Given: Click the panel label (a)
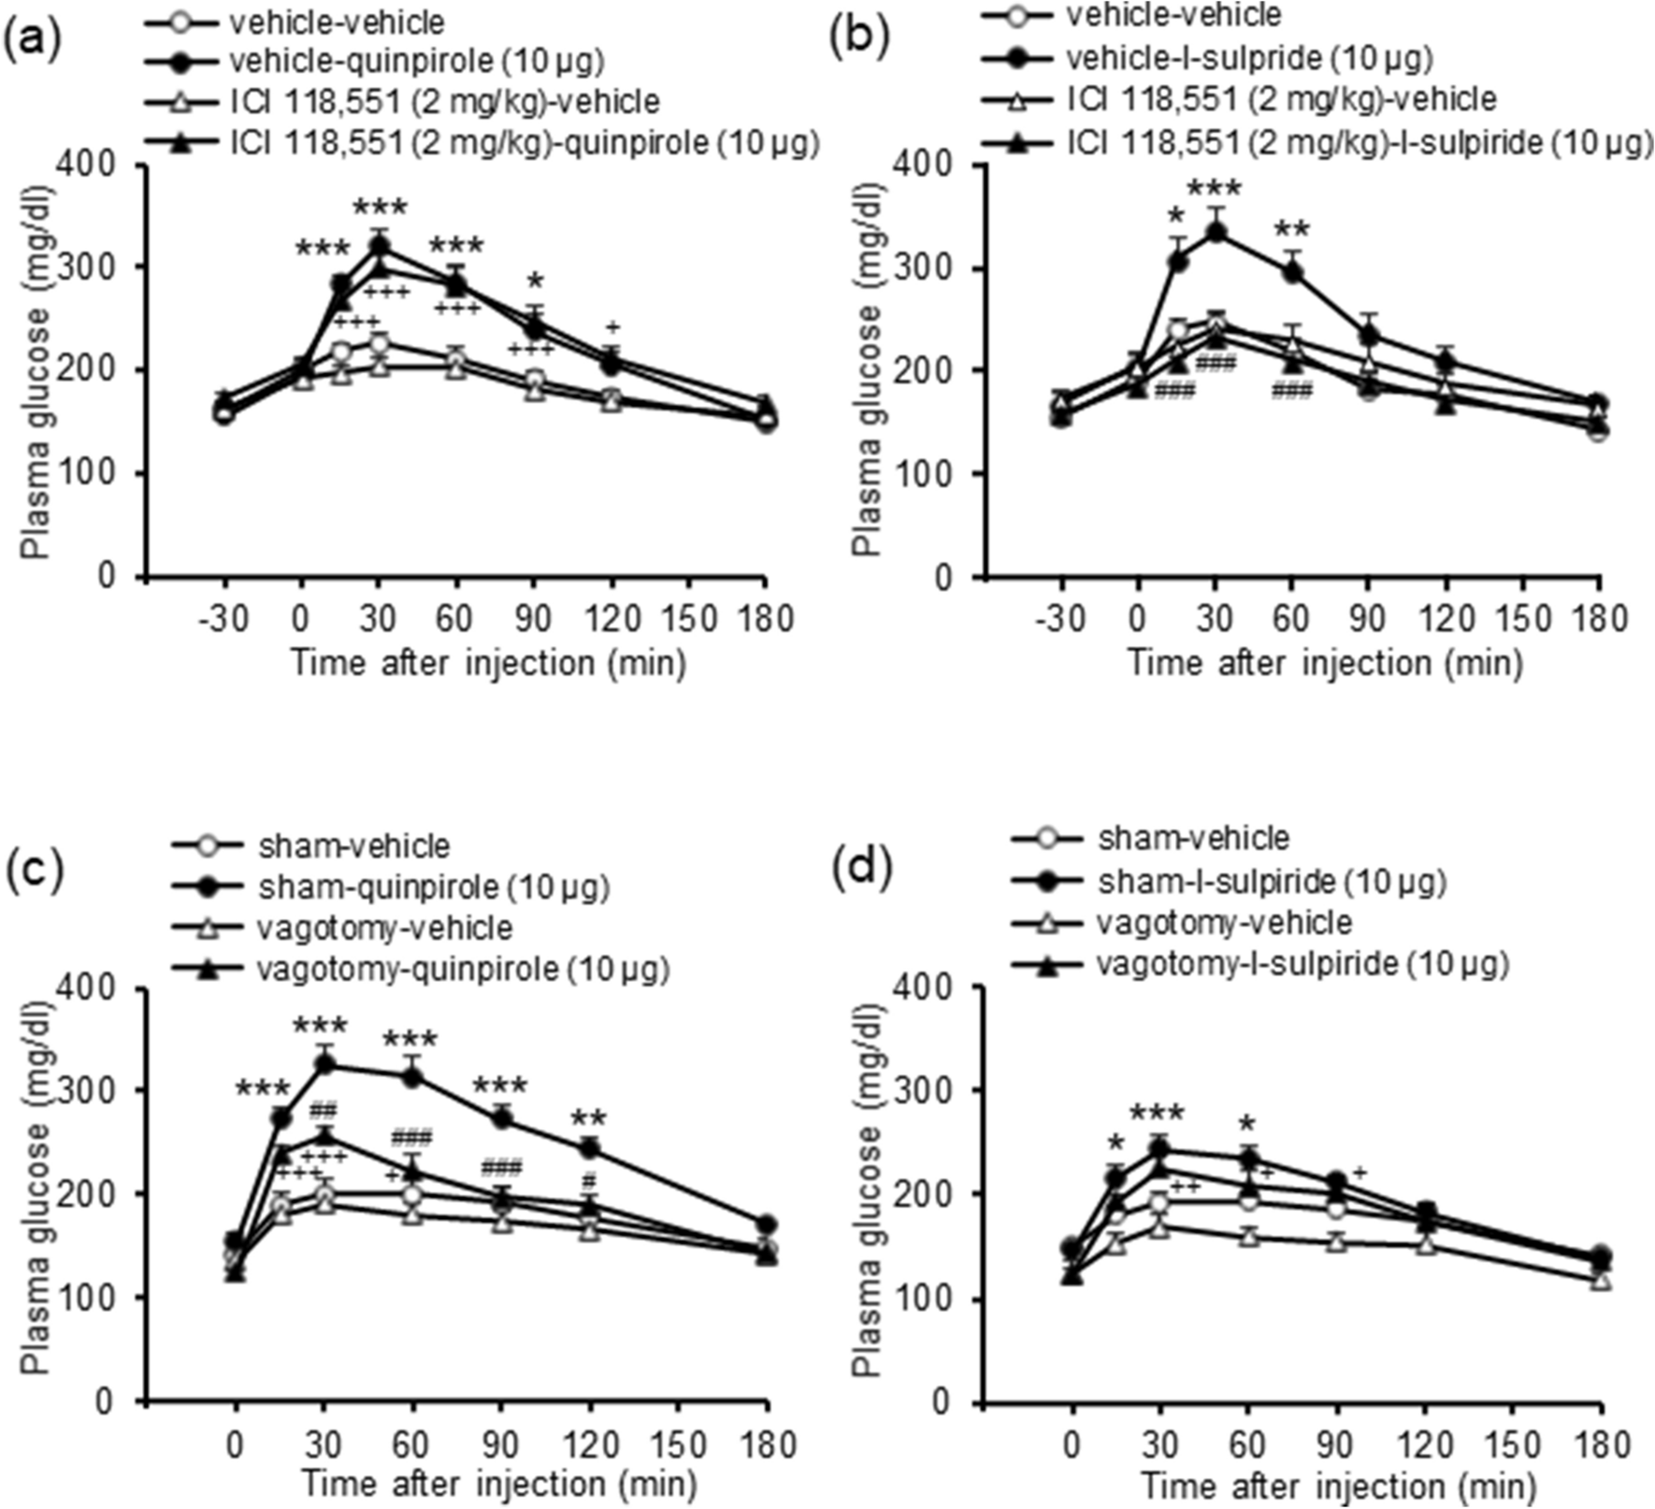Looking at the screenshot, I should (33, 42).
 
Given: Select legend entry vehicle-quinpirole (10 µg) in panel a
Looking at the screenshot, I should (417, 61).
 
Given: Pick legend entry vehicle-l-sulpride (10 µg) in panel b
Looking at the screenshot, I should (1249, 58).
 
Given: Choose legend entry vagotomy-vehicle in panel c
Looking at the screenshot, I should (384, 927).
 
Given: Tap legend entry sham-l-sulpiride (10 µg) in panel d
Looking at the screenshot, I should (1272, 880).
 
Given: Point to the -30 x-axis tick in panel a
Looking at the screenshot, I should (223, 619).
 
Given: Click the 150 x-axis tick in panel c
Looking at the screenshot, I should (678, 1444).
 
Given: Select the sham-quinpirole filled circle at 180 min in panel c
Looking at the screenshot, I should (766, 1225).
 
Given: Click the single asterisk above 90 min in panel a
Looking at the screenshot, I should (534, 282).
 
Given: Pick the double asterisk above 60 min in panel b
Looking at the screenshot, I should (1291, 230).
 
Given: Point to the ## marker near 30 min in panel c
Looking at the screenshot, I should (323, 1110).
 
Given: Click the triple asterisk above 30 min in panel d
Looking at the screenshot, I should (1158, 1114).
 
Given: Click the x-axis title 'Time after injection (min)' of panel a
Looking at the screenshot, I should (488, 662).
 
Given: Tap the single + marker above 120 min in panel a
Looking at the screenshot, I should (612, 327).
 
